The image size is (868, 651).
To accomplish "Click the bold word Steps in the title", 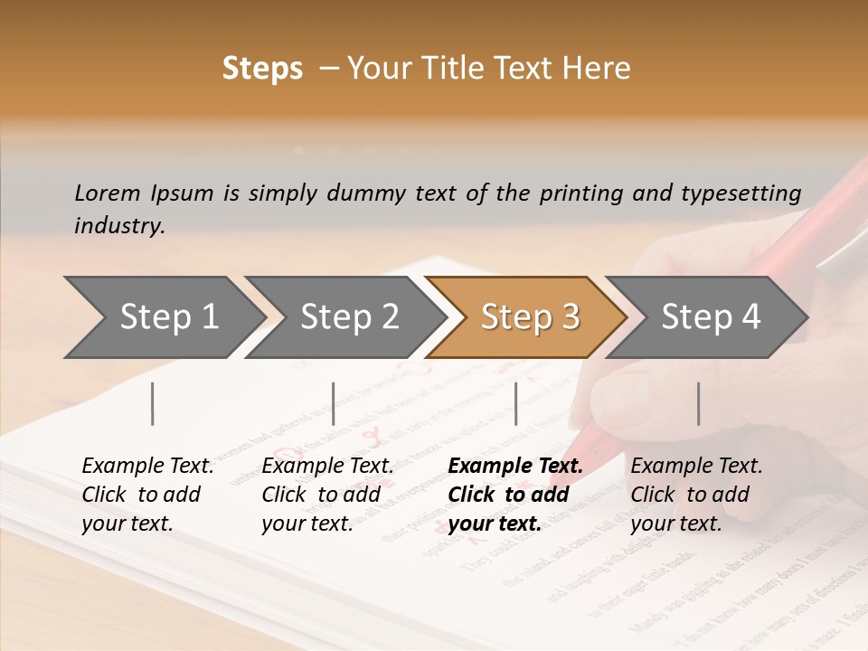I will point(262,69).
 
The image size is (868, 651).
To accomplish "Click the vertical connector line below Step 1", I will point(153,403).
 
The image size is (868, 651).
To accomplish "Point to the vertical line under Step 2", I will point(334,403).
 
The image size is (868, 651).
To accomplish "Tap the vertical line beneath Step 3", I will point(515,403).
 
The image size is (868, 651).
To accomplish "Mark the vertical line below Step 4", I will point(698,403).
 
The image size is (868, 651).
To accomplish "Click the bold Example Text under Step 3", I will point(515,466).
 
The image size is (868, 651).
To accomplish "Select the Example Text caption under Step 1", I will point(147,466).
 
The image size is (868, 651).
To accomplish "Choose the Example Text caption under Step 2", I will point(327,466).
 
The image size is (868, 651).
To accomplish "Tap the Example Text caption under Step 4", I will point(696,466).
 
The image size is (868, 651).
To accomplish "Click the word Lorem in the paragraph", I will point(108,193).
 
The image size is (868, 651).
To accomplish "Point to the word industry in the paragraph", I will point(118,226).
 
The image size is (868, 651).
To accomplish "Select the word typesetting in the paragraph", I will point(747,193).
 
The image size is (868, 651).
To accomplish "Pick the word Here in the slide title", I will point(600,69).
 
